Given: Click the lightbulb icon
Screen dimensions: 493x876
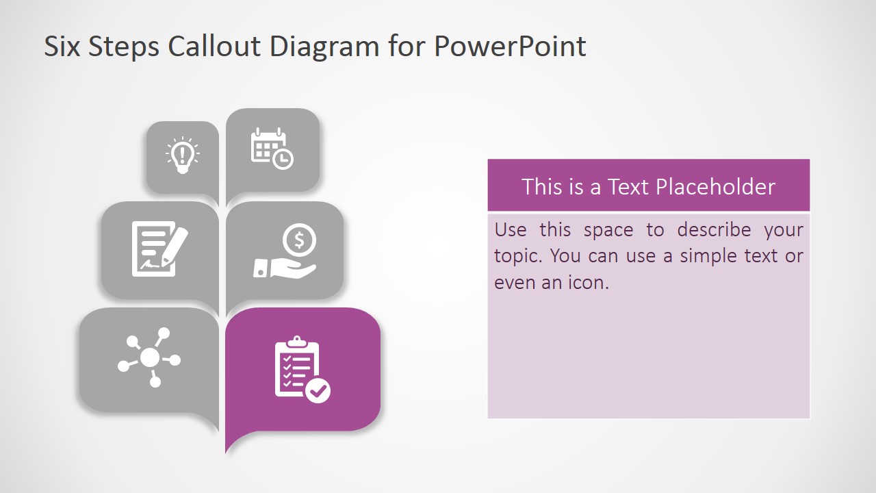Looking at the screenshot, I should [x=182, y=155].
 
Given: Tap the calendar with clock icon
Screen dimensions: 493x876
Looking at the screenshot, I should [x=271, y=148].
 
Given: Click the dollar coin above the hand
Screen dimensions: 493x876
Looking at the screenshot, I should [x=299, y=240].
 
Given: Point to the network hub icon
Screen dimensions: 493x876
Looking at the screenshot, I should [x=150, y=357].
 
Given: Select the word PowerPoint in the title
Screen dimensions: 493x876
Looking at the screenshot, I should [x=510, y=47].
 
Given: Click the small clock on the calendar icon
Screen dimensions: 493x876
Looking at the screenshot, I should [x=283, y=160].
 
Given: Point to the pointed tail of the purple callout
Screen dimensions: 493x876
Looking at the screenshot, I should [x=228, y=449].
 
